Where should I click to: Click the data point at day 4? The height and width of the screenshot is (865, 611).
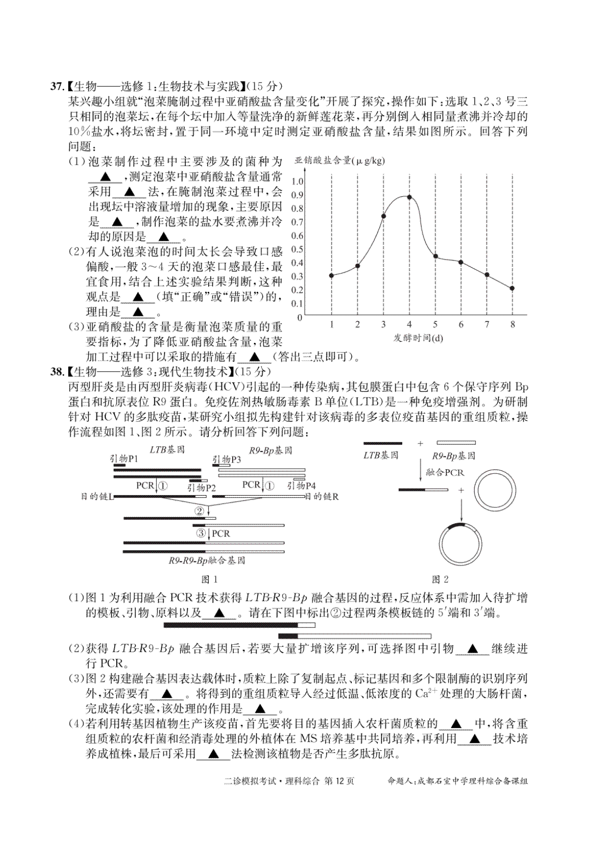409,197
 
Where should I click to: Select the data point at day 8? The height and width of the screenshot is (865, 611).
512,288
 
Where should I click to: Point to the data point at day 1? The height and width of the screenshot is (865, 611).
331,276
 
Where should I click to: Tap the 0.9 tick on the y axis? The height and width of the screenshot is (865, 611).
297,195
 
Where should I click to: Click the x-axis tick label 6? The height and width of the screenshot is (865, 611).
461,325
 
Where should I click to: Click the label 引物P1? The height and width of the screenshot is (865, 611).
124,458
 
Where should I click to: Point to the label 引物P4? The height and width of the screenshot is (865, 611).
301,485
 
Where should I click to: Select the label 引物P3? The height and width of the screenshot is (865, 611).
227,459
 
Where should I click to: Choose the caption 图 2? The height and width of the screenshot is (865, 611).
440,579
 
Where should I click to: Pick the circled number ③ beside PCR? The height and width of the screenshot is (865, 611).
202,533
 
